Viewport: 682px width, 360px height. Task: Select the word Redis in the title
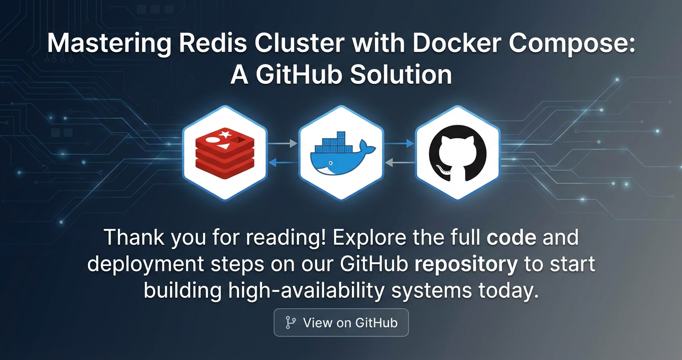[x=213, y=43]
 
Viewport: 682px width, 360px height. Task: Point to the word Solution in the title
[x=401, y=75]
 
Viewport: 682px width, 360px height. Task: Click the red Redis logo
[x=225, y=153]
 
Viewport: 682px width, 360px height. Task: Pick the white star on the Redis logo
[x=225, y=134]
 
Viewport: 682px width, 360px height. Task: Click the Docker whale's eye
[x=330, y=163]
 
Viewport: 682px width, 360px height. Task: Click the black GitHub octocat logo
[x=457, y=153]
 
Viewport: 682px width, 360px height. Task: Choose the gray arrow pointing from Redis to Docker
[x=282, y=143]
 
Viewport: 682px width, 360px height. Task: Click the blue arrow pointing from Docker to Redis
[x=284, y=162]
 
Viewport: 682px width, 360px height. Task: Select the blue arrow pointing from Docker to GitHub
[x=399, y=143]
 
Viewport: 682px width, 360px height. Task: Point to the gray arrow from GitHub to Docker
[x=400, y=162]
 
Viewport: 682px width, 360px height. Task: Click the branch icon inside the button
[x=290, y=323]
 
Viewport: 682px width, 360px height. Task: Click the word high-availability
[x=307, y=291]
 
